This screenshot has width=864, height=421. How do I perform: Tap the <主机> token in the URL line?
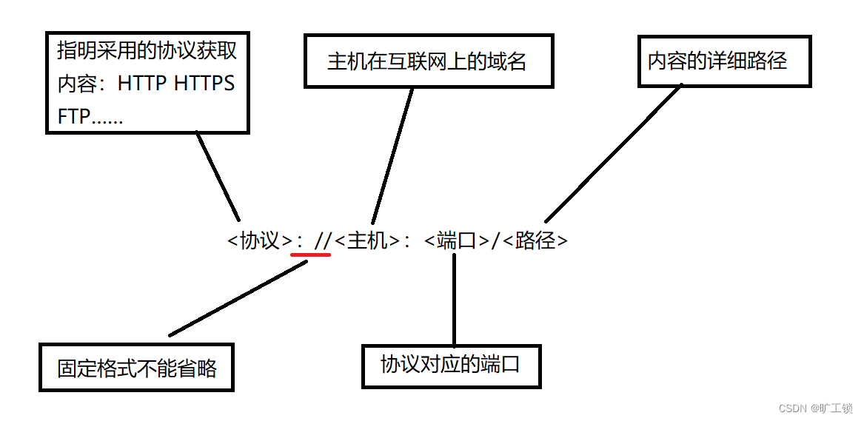coord(367,240)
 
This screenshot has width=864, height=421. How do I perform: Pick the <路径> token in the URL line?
coord(535,240)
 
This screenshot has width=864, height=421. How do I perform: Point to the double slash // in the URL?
coord(323,240)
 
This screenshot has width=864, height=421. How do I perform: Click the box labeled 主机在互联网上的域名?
coord(428,61)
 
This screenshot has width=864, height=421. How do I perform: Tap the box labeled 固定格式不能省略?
coord(137,368)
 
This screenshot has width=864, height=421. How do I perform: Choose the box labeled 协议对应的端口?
coord(451,366)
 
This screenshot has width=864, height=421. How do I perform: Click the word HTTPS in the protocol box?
coord(204,84)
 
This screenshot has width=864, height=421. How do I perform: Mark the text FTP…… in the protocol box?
coord(90,116)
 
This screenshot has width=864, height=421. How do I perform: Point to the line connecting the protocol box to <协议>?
coord(218,175)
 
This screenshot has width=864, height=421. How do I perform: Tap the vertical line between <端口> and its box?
coord(454,299)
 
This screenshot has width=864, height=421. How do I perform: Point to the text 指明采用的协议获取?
coord(147,51)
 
